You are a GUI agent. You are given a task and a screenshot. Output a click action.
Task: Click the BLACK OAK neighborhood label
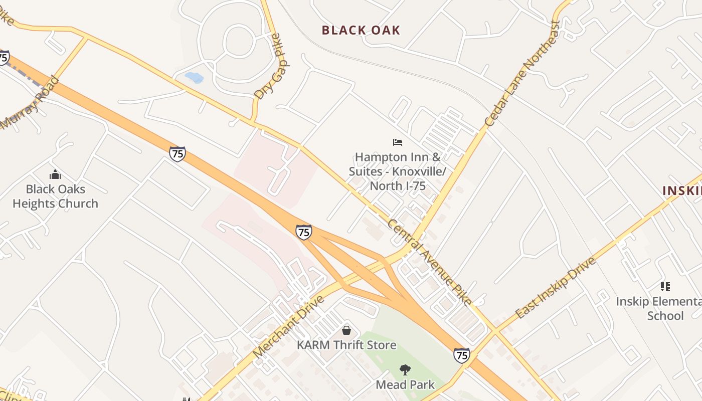click(361, 30)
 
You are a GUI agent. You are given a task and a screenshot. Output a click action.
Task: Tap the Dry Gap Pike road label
click(267, 66)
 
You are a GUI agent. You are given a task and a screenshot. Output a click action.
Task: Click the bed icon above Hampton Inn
click(398, 142)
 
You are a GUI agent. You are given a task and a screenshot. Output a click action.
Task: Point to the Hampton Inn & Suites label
click(398, 171)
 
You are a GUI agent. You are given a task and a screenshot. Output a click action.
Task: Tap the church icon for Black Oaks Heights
click(55, 174)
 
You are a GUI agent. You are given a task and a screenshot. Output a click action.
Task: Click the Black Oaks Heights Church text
click(55, 196)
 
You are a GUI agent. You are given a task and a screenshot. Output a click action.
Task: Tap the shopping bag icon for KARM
click(346, 330)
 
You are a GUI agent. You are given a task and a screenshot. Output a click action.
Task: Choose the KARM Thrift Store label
click(346, 345)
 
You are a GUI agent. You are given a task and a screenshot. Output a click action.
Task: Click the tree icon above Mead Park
click(405, 370)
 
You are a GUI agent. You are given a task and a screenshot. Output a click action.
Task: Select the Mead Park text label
click(405, 385)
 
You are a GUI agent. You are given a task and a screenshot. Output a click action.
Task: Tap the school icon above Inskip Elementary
click(665, 287)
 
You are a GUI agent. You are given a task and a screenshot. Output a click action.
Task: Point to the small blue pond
click(194, 78)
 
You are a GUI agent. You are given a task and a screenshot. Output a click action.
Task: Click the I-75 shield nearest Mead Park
click(462, 355)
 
